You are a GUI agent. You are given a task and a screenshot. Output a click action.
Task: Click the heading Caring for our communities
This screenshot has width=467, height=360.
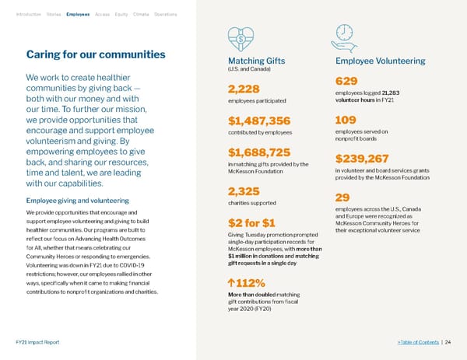pos(96,54)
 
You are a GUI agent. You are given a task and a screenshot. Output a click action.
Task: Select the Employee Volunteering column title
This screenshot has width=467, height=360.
pos(379,61)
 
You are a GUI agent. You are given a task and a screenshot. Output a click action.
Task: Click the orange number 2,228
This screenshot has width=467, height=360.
pos(244,89)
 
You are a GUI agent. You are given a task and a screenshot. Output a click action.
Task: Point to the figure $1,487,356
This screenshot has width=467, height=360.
pos(259,120)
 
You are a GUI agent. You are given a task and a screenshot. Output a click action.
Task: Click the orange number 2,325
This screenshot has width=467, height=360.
pos(244,192)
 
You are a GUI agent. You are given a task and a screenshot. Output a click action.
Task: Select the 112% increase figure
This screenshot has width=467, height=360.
pos(247,282)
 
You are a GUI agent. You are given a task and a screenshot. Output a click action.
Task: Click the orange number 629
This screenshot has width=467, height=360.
pos(346,82)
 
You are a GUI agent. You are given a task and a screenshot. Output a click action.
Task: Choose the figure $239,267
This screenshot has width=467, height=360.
pos(362,159)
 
